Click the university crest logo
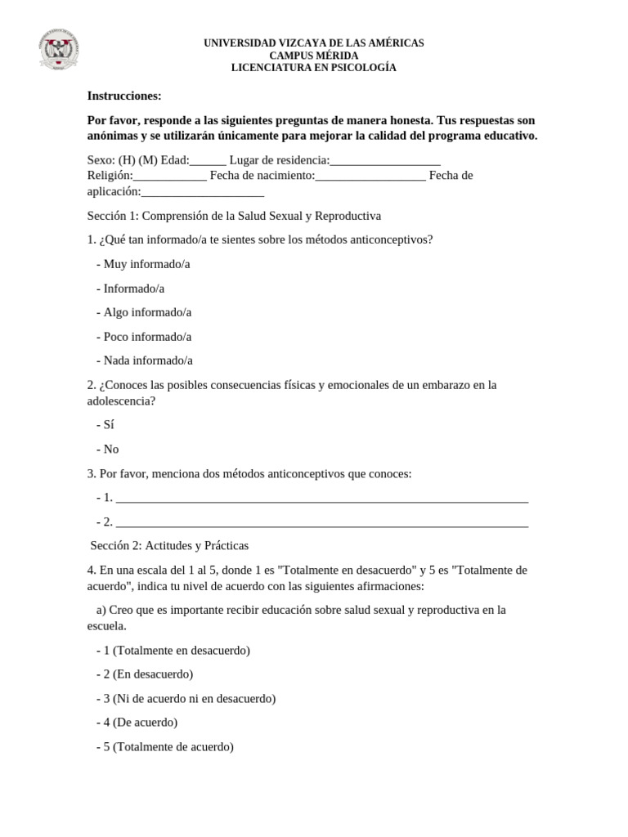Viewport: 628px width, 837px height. [59, 51]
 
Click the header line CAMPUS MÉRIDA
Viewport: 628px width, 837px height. [314, 56]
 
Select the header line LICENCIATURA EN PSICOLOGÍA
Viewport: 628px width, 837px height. [314, 68]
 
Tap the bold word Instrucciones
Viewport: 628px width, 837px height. [124, 96]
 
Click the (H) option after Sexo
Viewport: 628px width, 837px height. [128, 160]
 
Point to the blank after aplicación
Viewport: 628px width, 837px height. [203, 194]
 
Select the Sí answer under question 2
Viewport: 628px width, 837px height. [108, 425]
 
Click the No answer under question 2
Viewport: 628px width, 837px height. [110, 449]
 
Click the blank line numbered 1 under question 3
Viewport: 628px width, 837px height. [322, 499]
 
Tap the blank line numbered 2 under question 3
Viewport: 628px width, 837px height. [322, 523]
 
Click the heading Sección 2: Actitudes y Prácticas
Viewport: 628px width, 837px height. [168, 545]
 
